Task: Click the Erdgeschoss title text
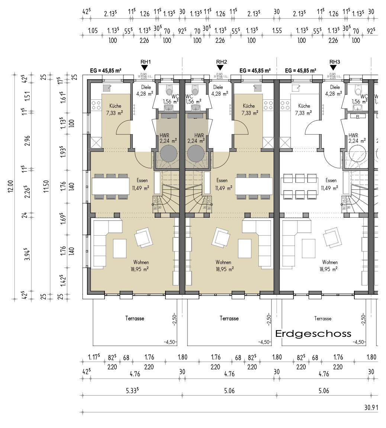click(x=313, y=333)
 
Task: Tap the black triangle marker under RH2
click(x=220, y=67)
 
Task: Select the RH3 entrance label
click(x=334, y=62)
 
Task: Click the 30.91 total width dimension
click(x=371, y=408)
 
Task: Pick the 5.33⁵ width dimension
click(x=132, y=391)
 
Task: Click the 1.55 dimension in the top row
click(x=277, y=31)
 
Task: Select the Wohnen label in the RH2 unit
click(x=223, y=262)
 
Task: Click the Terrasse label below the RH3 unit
click(x=322, y=319)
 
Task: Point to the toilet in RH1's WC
click(x=170, y=91)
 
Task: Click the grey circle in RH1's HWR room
click(x=169, y=153)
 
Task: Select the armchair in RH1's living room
click(x=144, y=237)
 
